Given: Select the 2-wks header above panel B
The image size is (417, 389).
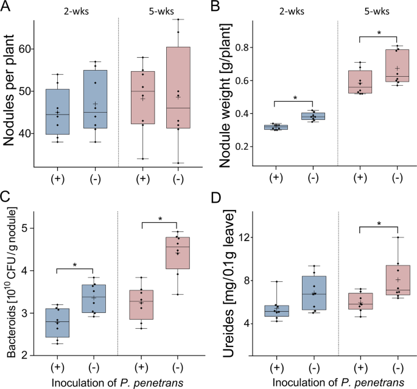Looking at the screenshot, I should pyautogui.click(x=293, y=10).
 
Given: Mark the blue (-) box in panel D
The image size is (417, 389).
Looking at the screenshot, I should pyautogui.click(x=315, y=293).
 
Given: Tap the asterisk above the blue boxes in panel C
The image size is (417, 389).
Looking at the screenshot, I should pyautogui.click(x=74, y=265).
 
